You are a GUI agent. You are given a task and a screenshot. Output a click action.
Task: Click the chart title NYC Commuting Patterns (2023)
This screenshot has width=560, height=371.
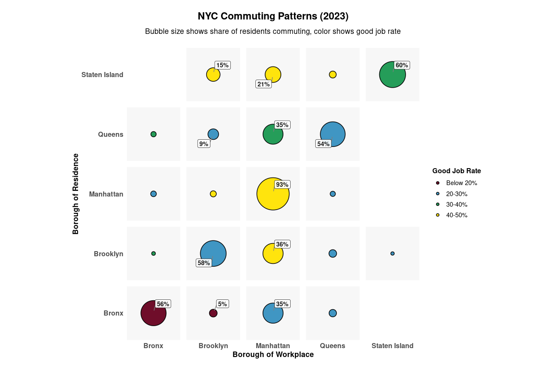[x=273, y=17]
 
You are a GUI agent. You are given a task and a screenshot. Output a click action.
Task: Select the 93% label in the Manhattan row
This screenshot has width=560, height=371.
[x=282, y=185]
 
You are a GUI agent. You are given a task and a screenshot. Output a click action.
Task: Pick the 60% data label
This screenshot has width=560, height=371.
[x=401, y=65]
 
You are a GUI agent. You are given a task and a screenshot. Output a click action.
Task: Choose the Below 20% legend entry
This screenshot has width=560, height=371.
[x=461, y=183]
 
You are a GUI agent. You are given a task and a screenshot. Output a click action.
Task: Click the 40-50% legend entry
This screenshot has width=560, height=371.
[x=456, y=215]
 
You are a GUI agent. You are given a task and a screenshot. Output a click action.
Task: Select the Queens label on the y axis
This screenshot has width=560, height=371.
[x=110, y=135]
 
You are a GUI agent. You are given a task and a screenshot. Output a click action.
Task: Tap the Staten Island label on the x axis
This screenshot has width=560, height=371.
[x=392, y=346]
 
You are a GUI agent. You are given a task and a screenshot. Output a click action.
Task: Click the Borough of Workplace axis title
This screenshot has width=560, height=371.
[x=273, y=355]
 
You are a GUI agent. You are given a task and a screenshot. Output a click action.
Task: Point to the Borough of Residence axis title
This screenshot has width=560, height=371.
[x=76, y=194]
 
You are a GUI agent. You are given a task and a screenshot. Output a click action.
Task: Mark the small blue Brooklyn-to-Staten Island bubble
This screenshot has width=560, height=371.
[x=392, y=254]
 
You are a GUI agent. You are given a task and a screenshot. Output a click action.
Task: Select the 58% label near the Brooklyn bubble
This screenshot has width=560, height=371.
[x=204, y=263]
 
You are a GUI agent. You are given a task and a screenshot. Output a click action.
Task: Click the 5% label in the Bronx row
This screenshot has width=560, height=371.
[x=222, y=304]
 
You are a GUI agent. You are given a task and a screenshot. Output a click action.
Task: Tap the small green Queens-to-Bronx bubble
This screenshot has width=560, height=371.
[x=154, y=134]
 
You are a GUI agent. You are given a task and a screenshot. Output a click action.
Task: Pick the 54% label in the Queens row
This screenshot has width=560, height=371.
[x=323, y=144]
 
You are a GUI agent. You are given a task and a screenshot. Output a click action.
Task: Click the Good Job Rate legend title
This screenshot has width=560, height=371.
[x=456, y=171]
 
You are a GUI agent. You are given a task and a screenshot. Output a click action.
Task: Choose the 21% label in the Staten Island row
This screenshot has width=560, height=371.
[x=263, y=84]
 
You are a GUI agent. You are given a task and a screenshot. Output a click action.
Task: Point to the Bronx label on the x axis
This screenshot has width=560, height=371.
[x=153, y=346]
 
